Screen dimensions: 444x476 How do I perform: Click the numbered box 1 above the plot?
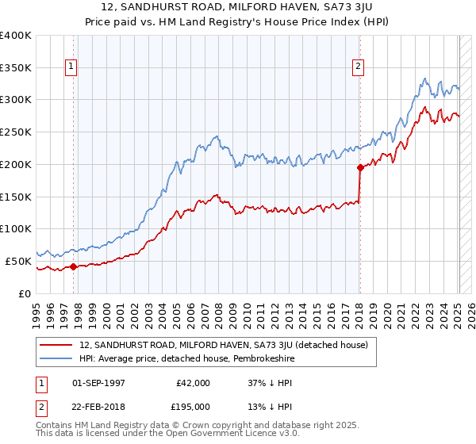click(x=72, y=67)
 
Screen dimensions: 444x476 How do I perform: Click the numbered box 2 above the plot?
click(x=359, y=67)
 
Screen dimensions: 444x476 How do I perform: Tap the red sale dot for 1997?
click(x=73, y=266)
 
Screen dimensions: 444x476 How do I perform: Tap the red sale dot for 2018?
click(x=360, y=167)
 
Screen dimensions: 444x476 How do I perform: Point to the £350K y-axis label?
click(x=15, y=67)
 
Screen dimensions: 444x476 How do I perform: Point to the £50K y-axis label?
click(x=18, y=260)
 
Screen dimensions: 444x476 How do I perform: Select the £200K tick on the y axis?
click(x=15, y=164)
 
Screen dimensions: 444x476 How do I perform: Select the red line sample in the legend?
click(x=56, y=345)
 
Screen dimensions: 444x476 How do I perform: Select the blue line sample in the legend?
click(x=56, y=358)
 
